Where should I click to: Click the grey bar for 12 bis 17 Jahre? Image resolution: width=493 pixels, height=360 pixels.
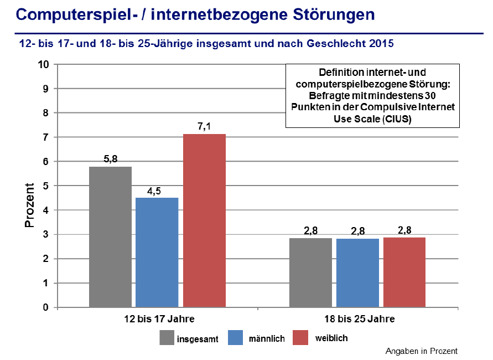(110, 236)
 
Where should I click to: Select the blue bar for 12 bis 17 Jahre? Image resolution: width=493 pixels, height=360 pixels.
(157, 252)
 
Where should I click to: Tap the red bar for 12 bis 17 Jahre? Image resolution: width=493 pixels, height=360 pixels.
(204, 220)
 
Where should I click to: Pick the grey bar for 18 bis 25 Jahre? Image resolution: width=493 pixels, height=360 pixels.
(310, 272)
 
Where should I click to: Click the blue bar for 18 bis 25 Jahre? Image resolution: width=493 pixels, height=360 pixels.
(357, 272)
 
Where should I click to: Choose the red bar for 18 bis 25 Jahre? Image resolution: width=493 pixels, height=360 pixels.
(404, 272)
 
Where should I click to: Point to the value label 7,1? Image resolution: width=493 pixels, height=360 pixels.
(204, 127)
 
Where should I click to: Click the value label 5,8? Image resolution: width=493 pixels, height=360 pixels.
(110, 160)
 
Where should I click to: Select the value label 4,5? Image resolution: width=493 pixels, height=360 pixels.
(157, 191)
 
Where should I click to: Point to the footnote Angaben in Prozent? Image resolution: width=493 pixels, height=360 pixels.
(422, 351)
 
